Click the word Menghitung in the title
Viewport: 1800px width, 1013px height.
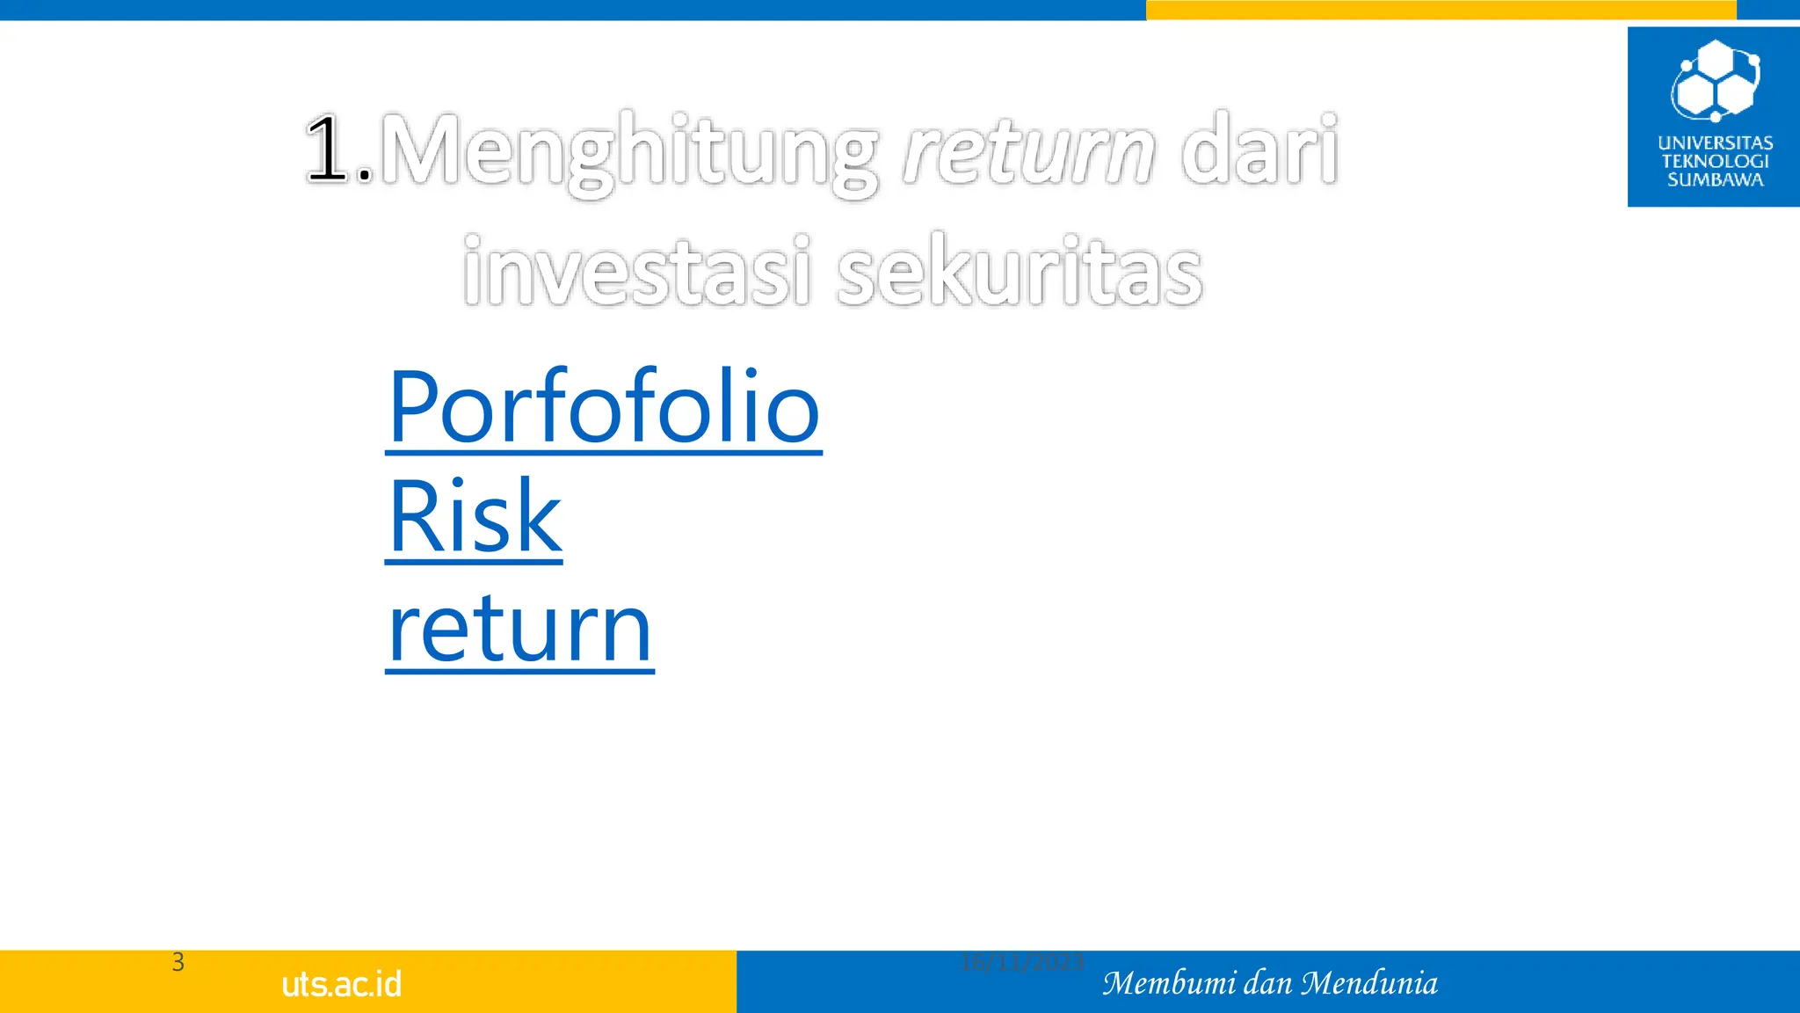(628, 151)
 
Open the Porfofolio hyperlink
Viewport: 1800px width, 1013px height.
(604, 407)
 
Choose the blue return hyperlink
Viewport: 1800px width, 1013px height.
(520, 628)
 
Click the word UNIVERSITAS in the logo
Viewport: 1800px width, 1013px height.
(1715, 142)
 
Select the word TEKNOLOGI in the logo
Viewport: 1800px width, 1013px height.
(1715, 161)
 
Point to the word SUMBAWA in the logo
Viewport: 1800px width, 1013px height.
(1715, 180)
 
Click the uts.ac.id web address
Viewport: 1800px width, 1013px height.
(342, 984)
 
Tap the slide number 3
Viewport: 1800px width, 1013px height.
(178, 962)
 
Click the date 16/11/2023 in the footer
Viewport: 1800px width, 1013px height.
(1021, 963)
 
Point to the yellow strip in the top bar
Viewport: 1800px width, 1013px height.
(1441, 10)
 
